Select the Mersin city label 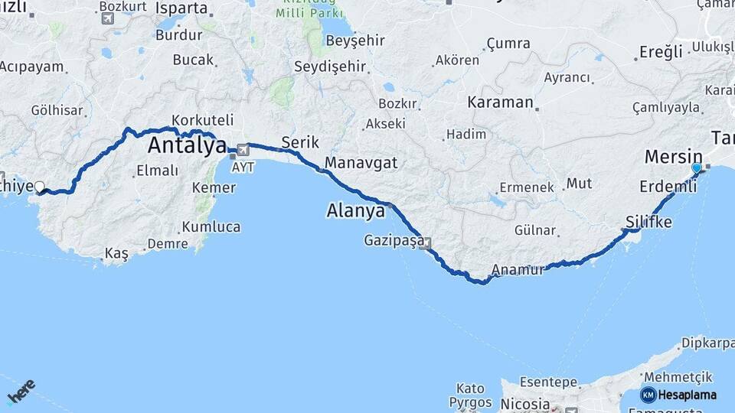pos(673,157)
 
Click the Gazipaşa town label pos(393,242)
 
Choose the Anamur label pos(518,269)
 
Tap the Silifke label pos(648,222)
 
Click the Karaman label pos(500,102)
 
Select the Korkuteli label pos(203,120)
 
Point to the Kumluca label pos(211,227)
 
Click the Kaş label pos(116,254)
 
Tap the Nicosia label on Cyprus pos(524,403)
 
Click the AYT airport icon pos(243,150)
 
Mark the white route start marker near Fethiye pos(39,186)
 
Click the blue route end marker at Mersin pos(696,167)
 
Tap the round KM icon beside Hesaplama pos(648,395)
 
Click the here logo pos(21,392)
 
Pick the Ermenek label pos(527,187)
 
